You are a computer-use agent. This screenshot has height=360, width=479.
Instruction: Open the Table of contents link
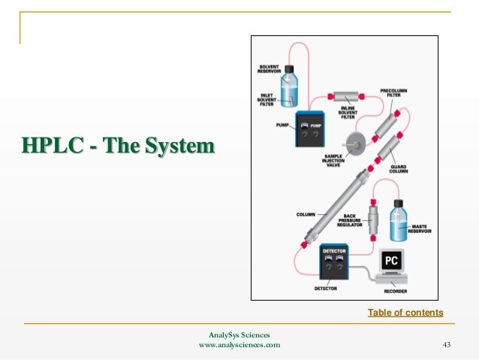point(405,313)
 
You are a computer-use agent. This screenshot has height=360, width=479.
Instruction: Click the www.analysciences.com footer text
point(239,345)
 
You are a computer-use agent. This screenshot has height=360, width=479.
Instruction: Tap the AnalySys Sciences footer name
point(239,334)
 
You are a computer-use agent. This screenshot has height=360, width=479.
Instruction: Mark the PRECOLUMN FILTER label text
point(394,92)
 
